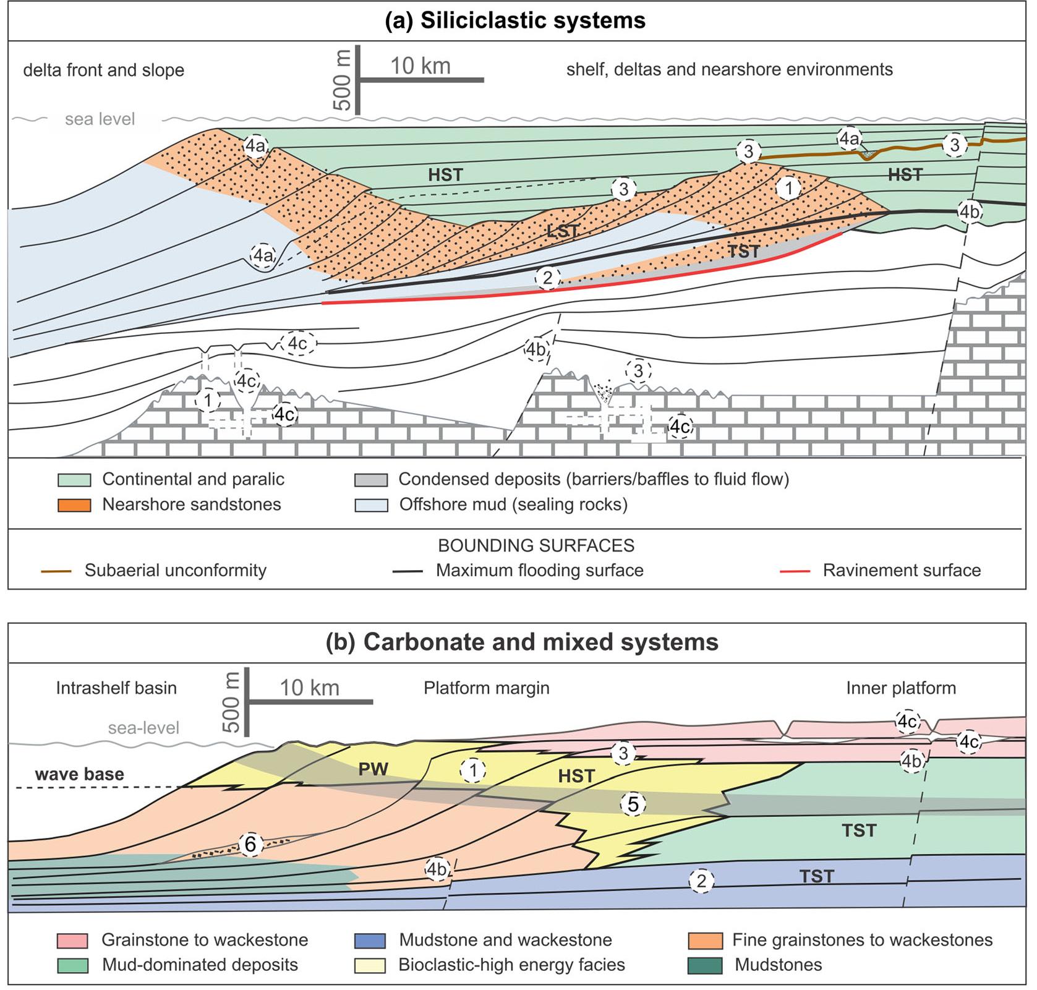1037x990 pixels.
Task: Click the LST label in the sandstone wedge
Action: point(563,232)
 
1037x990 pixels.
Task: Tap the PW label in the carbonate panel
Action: point(373,769)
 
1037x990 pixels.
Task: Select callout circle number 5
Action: point(633,804)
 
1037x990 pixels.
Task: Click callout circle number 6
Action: point(250,844)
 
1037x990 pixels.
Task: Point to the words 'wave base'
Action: point(79,774)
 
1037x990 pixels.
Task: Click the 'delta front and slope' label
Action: point(103,70)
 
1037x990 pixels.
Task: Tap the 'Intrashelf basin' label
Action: point(116,688)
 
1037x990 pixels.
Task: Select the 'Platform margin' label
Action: point(486,688)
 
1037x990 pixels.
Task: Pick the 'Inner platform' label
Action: point(900,688)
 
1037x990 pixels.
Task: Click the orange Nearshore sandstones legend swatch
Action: point(74,505)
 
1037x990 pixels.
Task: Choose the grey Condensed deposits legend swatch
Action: point(371,480)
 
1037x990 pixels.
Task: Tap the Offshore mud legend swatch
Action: point(371,505)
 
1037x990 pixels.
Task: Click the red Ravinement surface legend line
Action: point(795,571)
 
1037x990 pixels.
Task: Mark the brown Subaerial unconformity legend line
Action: point(56,571)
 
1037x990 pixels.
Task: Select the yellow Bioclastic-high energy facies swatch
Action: point(370,965)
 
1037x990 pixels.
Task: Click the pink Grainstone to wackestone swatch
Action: point(72,941)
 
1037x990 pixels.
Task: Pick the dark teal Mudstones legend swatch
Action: point(705,965)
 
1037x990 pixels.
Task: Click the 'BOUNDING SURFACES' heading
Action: point(536,545)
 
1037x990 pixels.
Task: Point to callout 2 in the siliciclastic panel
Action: point(547,278)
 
